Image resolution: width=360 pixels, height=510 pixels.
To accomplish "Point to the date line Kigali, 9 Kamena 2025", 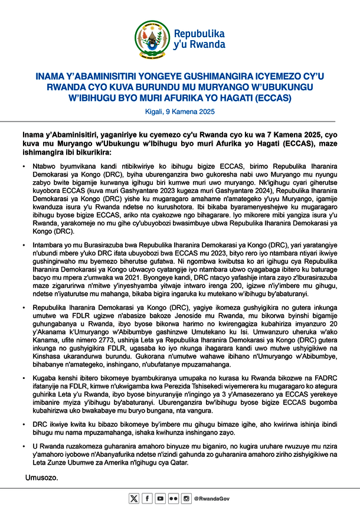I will coord(179,112).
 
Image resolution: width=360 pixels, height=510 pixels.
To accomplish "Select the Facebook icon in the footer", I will coord(147,499).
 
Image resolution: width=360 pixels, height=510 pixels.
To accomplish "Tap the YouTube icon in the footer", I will coord(160,499).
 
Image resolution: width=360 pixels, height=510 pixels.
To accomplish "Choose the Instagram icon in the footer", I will coord(186,499).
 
